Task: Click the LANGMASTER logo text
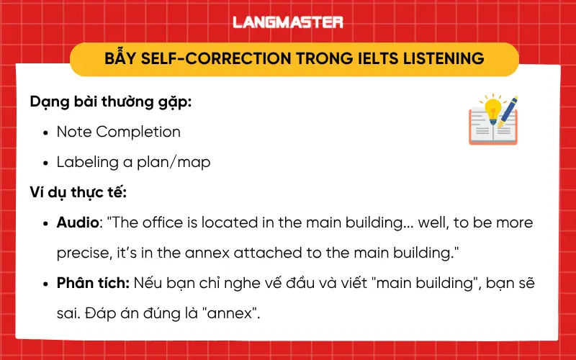(x=288, y=22)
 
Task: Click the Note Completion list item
(x=119, y=132)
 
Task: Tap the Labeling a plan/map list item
(x=134, y=162)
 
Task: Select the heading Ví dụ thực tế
(x=78, y=192)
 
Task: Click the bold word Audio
(x=78, y=222)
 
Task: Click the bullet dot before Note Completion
(x=46, y=132)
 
